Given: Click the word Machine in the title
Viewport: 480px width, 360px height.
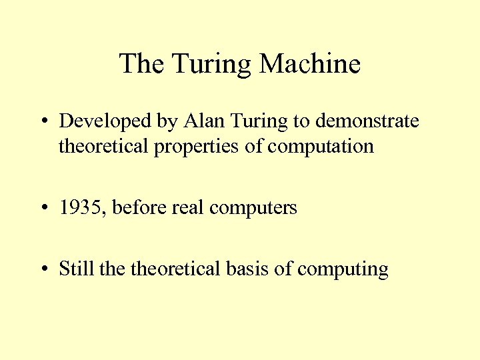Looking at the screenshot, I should pyautogui.click(x=310, y=64).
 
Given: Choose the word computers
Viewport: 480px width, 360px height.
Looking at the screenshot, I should pyautogui.click(x=253, y=209).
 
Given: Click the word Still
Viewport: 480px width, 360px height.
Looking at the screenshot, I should pyautogui.click(x=76, y=269).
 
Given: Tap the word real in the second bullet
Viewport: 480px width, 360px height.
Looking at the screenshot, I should pyautogui.click(x=189, y=207).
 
